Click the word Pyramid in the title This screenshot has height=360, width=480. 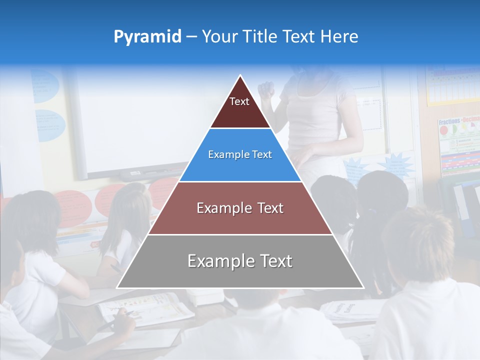coord(147,37)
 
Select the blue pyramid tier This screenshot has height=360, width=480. coord(240,155)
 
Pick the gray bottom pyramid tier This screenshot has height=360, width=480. coord(240,261)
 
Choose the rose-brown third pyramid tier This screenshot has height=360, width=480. coord(240,208)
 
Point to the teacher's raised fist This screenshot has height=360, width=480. coord(266,90)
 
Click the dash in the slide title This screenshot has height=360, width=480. coord(191,37)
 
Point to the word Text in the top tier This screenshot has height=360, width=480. coord(239,101)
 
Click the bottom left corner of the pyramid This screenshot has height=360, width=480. coord(117,287)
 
